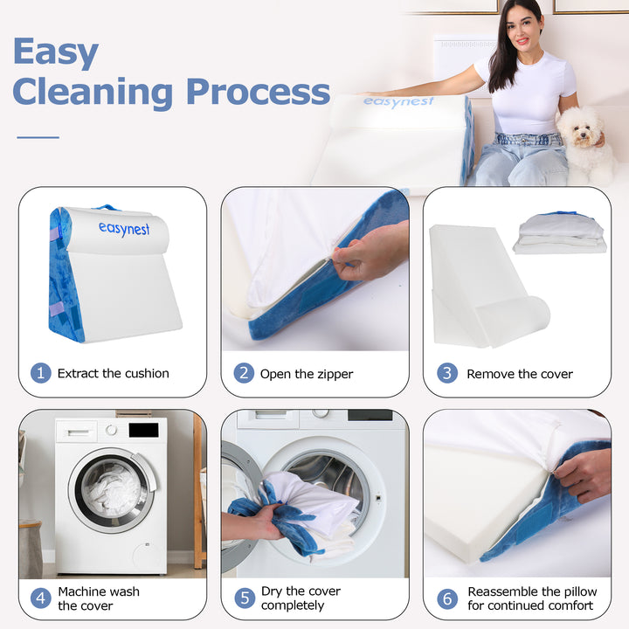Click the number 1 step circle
coord(41,373)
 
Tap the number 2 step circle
coord(244,373)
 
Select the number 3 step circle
coord(446,373)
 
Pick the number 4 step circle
coord(41,598)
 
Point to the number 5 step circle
coord(244,598)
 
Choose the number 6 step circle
coord(446,598)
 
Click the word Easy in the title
coord(55,52)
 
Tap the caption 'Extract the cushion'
coord(114,373)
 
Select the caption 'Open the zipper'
coord(307,374)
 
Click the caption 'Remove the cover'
coord(520,374)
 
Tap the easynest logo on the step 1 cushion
coord(123,229)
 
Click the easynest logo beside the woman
coord(398,102)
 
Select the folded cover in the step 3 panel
coord(559,233)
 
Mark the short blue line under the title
coord(38,136)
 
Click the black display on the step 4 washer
coord(143,430)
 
